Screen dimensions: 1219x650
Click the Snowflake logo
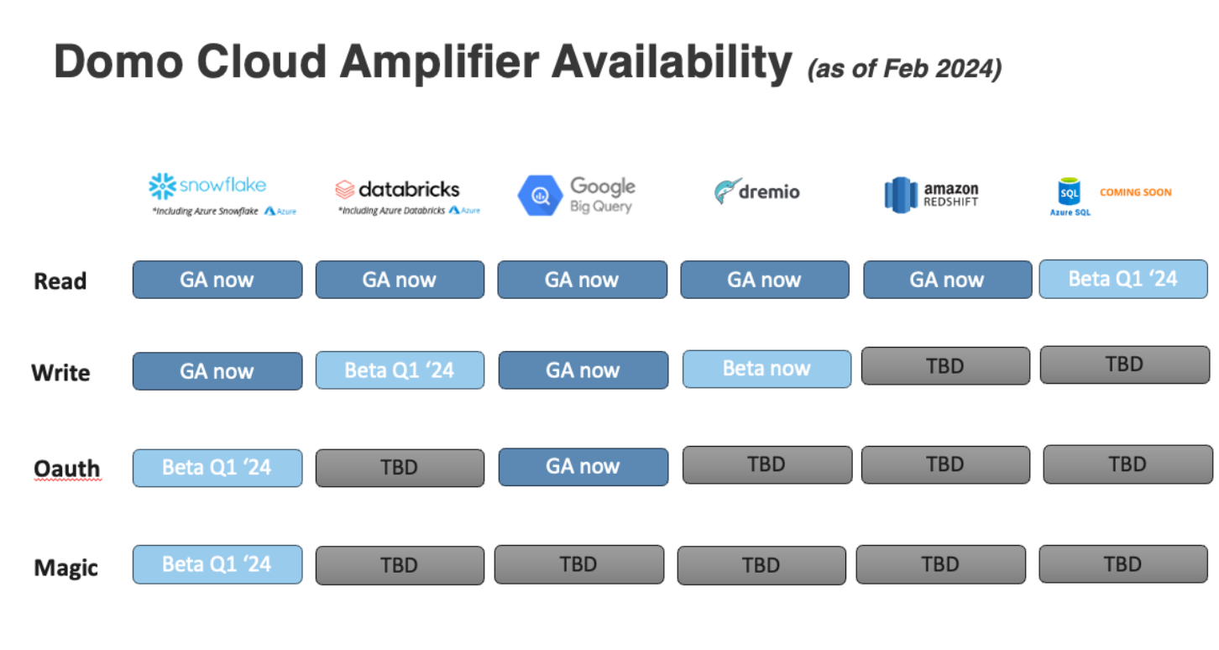tap(207, 186)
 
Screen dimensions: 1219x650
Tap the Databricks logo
tap(397, 190)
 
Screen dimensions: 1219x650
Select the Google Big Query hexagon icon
tap(539, 195)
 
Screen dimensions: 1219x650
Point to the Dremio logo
tap(756, 191)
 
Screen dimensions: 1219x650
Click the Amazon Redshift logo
tap(931, 194)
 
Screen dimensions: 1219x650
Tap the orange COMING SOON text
tap(1136, 192)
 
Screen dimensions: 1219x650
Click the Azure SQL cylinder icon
tap(1069, 191)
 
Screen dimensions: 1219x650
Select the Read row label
tap(60, 280)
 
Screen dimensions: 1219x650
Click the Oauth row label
tap(67, 468)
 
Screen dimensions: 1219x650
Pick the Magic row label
tap(65, 568)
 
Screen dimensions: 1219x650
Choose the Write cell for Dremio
tap(766, 370)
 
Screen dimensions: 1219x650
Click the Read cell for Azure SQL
tap(1123, 280)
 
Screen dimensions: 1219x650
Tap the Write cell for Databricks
tap(400, 370)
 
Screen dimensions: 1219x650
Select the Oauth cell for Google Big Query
tap(583, 467)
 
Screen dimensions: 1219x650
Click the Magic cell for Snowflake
tap(217, 564)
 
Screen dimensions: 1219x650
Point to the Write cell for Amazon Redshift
tap(946, 366)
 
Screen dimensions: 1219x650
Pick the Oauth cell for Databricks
tap(400, 468)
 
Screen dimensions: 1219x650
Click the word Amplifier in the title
tap(440, 62)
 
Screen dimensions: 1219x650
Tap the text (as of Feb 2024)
tap(904, 69)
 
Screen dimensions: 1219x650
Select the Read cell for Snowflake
tap(217, 280)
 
